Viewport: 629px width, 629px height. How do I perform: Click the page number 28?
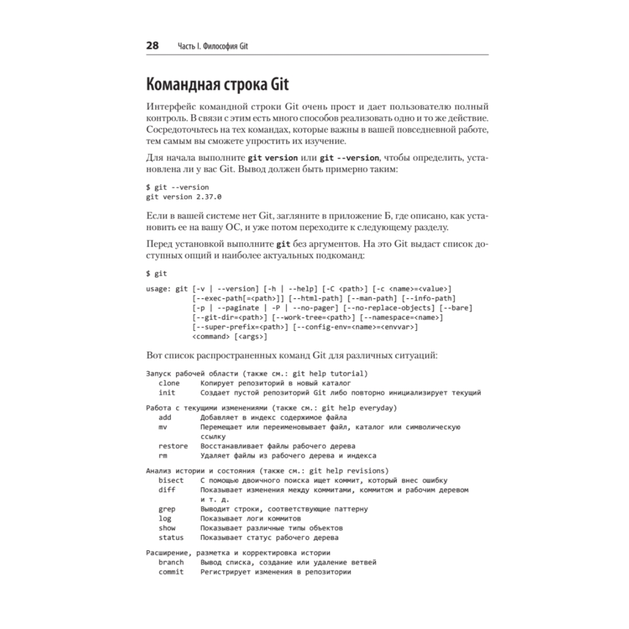[x=152, y=46]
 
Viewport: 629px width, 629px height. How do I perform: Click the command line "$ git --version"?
[x=177, y=187]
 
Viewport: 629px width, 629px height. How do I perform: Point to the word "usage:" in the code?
[x=159, y=289]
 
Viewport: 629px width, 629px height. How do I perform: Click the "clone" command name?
[x=169, y=382]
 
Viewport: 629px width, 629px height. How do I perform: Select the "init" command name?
[x=167, y=392]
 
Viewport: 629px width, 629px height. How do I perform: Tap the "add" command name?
[x=165, y=417]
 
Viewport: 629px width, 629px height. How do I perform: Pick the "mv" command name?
[x=163, y=426]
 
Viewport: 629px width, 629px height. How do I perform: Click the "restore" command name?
[x=173, y=446]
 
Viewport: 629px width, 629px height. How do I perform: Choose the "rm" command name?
[x=163, y=455]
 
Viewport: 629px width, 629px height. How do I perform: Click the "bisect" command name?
[x=171, y=480]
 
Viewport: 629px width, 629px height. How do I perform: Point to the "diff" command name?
[x=167, y=489]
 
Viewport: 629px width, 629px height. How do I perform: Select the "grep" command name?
[x=167, y=509]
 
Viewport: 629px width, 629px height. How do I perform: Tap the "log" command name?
[x=165, y=518]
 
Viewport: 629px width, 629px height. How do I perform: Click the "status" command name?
[x=171, y=538]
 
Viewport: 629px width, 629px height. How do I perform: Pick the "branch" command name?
[x=171, y=562]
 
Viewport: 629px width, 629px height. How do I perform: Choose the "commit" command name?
[x=171, y=572]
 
